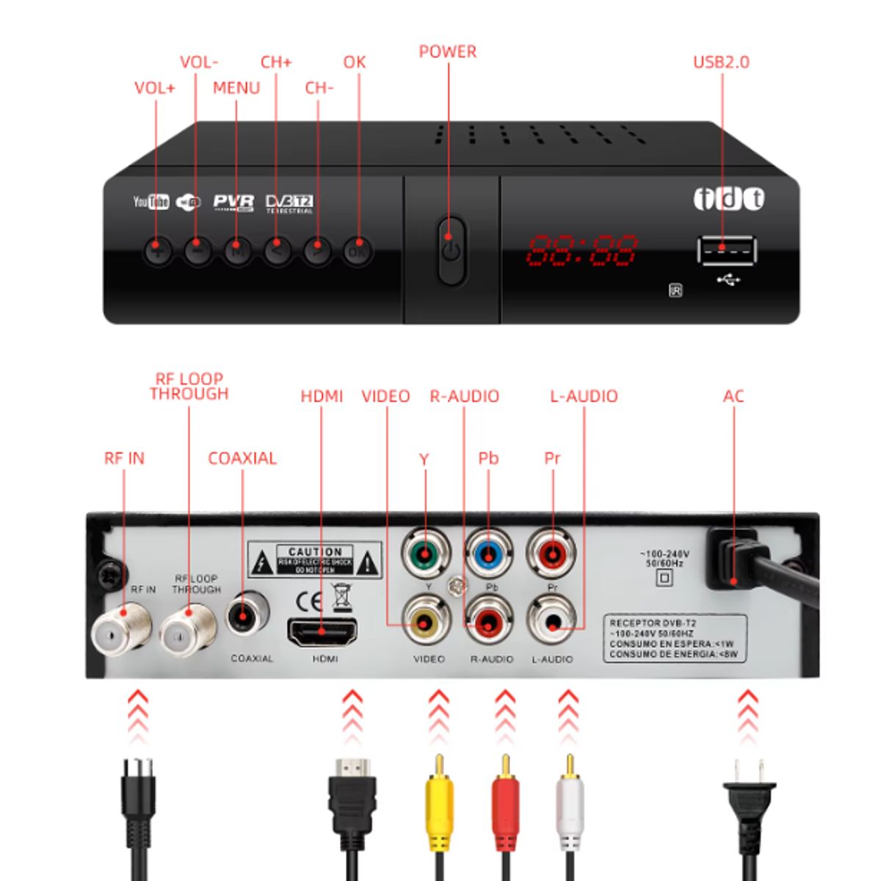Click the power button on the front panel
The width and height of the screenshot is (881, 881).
point(451,250)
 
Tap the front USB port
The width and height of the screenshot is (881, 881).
point(725,250)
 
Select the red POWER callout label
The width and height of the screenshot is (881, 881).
point(447,52)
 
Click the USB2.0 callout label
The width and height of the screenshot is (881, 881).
point(721,62)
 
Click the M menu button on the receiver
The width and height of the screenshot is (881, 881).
point(237,251)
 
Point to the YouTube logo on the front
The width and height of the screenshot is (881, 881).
point(151,202)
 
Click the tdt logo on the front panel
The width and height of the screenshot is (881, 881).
point(729,199)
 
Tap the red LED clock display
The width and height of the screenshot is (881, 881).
point(582,251)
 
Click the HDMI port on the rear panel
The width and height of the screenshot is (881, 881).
point(323,632)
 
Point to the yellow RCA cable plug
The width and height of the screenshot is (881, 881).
point(439,804)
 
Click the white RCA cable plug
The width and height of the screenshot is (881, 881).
point(569,804)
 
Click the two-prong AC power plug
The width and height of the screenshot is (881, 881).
point(749,797)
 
